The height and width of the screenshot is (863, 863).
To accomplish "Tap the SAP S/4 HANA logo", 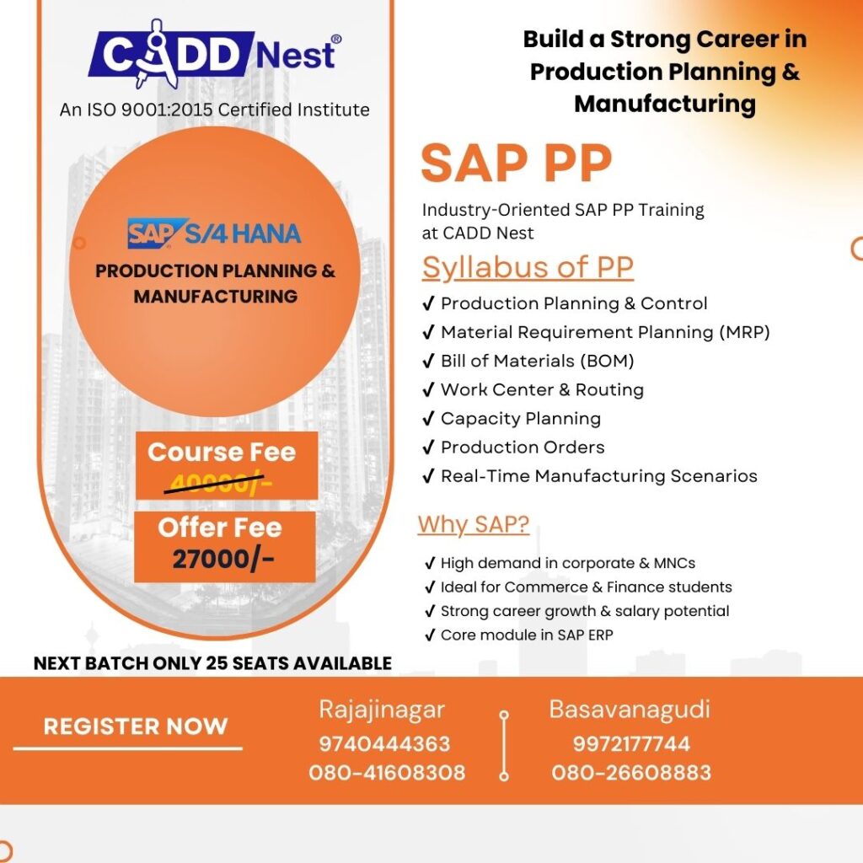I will tap(214, 233).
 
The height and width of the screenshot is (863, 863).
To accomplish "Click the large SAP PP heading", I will tap(516, 163).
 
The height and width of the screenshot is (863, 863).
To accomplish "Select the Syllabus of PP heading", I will tap(528, 267).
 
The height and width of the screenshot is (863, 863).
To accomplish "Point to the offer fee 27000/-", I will tap(223, 559).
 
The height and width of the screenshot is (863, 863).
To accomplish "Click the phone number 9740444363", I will tap(384, 744).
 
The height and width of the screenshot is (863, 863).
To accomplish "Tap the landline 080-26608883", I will tap(631, 772).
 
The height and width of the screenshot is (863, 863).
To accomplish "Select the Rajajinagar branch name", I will tap(381, 710).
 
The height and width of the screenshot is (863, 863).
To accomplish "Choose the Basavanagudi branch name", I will tap(630, 710).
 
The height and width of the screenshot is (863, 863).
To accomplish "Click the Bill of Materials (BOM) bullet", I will tap(537, 361).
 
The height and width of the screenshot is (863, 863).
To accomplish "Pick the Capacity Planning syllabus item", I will tap(520, 418).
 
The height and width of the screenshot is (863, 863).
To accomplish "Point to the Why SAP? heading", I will tap(474, 524).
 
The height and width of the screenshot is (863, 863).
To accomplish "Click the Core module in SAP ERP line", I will tap(526, 635).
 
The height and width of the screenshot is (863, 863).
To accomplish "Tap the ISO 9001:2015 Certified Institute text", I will tap(214, 110).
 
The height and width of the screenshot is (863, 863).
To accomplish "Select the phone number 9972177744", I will tap(631, 744).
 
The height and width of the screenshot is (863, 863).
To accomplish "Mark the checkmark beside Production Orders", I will tap(428, 447).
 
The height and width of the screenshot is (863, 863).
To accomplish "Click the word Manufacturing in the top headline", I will tap(664, 104).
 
